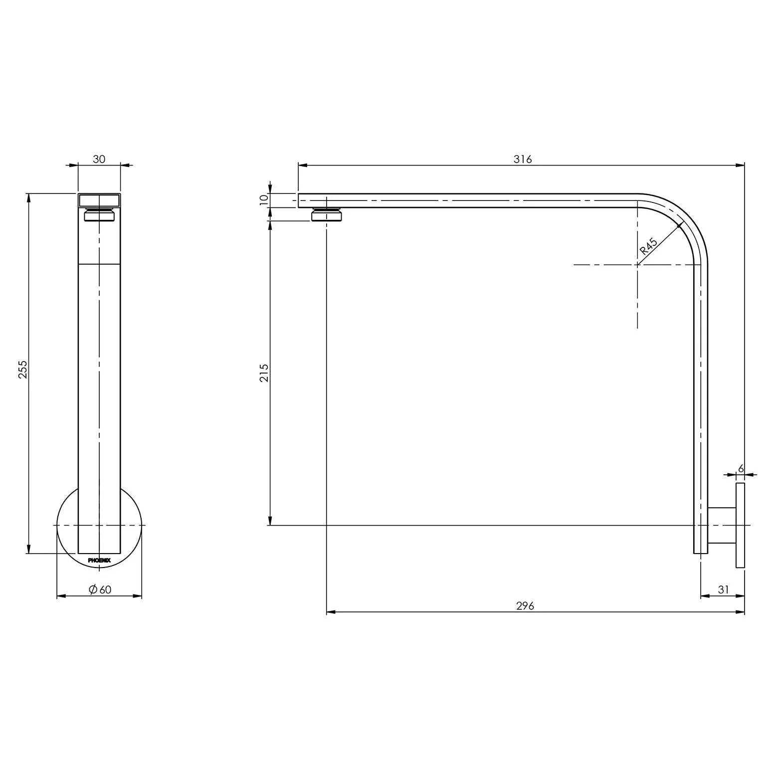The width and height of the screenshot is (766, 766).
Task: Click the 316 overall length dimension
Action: pyautogui.click(x=523, y=159)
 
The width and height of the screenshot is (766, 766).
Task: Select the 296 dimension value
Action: pyautogui.click(x=525, y=605)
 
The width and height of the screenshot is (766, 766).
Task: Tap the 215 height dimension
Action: pyautogui.click(x=264, y=373)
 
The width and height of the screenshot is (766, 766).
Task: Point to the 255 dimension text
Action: pyautogui.click(x=23, y=369)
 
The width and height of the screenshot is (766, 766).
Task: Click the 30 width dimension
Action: pyautogui.click(x=99, y=159)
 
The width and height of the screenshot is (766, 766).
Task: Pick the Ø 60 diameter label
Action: pyautogui.click(x=100, y=589)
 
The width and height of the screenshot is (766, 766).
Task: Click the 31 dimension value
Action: pyautogui.click(x=723, y=589)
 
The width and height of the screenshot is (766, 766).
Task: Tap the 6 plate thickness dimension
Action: pyautogui.click(x=741, y=469)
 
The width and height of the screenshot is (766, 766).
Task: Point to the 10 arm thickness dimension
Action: pyautogui.click(x=264, y=200)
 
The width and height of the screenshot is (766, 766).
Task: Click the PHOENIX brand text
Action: pyautogui.click(x=99, y=561)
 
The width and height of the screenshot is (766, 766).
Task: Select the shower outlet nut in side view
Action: pyautogui.click(x=327, y=215)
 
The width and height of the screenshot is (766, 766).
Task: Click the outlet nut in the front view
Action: pyautogui.click(x=99, y=215)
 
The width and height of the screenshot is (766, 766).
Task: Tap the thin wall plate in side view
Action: pyautogui.click(x=740, y=525)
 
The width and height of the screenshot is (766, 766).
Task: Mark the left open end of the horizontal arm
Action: pyautogui.click(x=300, y=200)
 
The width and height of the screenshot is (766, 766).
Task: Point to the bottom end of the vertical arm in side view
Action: pyautogui.click(x=700, y=551)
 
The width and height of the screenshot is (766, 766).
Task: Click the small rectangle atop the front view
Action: pyautogui.click(x=99, y=200)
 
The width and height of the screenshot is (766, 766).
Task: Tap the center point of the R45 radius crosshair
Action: pyautogui.click(x=637, y=264)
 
